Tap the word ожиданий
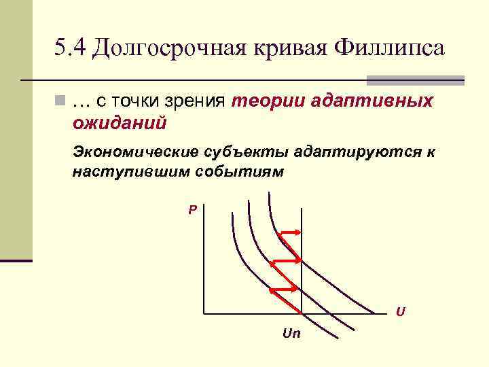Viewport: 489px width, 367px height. pos(120,124)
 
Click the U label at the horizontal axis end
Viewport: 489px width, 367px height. pos(401,312)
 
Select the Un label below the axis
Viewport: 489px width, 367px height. pos(291,334)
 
